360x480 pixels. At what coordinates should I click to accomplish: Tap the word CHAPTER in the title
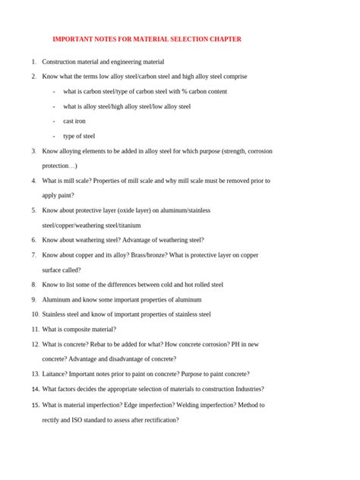pos(224,39)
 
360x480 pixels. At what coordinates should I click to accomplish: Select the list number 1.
pos(33,62)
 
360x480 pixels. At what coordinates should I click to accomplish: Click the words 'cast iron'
pos(74,121)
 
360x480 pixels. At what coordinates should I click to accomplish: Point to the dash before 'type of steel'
pos(54,136)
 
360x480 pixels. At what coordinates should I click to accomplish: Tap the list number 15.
pos(35,405)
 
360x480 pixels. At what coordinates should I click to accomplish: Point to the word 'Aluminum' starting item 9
pos(55,300)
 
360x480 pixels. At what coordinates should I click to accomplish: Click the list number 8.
pos(33,285)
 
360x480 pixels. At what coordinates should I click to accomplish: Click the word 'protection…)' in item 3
pos(59,166)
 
